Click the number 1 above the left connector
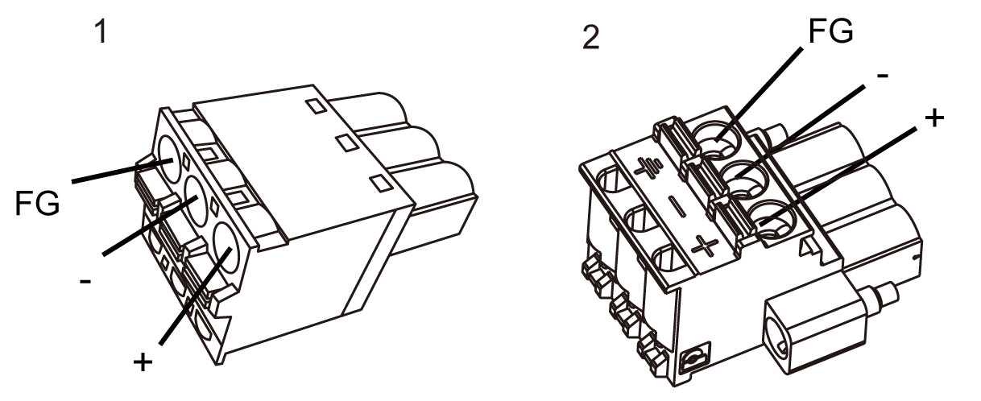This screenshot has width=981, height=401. pyautogui.click(x=101, y=32)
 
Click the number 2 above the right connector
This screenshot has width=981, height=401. pyautogui.click(x=591, y=38)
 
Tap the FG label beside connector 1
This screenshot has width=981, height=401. pyautogui.click(x=37, y=204)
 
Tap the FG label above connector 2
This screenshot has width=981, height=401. pyautogui.click(x=830, y=31)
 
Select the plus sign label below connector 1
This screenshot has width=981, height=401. pyautogui.click(x=143, y=362)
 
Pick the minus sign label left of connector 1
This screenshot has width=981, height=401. pyautogui.click(x=85, y=280)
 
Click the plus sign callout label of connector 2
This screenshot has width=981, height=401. pyautogui.click(x=934, y=118)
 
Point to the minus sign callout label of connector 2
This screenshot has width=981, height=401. pyautogui.click(x=883, y=76)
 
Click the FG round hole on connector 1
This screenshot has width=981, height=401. pyautogui.click(x=169, y=159)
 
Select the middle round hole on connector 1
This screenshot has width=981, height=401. pyautogui.click(x=197, y=202)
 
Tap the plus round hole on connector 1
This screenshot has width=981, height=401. pyautogui.click(x=226, y=249)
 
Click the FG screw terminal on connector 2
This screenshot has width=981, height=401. pyautogui.click(x=718, y=139)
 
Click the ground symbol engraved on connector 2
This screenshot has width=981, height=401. pyautogui.click(x=648, y=168)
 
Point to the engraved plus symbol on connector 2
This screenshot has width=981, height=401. pyautogui.click(x=705, y=246)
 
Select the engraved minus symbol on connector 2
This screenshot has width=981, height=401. pyautogui.click(x=677, y=207)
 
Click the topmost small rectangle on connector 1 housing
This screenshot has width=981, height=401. pyautogui.click(x=317, y=106)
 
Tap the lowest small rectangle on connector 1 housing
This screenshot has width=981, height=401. pyautogui.click(x=381, y=183)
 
